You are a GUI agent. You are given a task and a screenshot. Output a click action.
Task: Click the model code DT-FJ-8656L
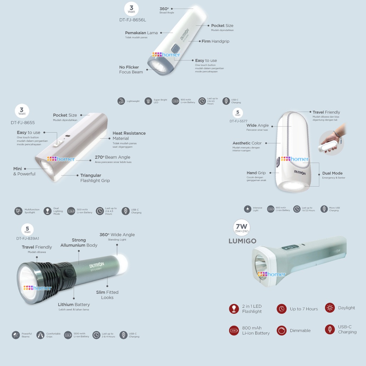tap(133, 20)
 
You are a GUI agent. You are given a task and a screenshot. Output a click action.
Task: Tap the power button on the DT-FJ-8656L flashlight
tap(175, 49)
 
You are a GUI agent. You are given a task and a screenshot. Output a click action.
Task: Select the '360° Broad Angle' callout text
tap(166, 10)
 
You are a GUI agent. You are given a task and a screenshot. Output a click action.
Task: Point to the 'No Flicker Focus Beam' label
tap(131, 70)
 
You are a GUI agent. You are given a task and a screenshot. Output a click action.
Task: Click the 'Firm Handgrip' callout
tap(215, 41)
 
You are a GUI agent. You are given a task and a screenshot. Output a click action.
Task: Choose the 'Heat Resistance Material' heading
tap(129, 135)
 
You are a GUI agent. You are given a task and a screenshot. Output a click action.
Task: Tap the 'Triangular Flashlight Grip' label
tap(95, 178)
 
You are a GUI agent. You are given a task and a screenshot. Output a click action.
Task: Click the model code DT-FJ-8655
tap(23, 123)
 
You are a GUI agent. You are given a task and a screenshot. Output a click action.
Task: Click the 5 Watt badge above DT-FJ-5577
tap(237, 113)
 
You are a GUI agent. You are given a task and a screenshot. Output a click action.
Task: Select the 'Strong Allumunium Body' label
tap(79, 243)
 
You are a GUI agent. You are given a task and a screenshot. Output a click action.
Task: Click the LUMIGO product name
tap(242, 241)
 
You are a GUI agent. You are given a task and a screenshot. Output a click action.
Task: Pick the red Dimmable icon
tap(282, 331)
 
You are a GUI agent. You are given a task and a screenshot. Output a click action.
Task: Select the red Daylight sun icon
tap(330, 308)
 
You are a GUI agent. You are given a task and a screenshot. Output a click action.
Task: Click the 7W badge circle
tap(241, 228)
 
